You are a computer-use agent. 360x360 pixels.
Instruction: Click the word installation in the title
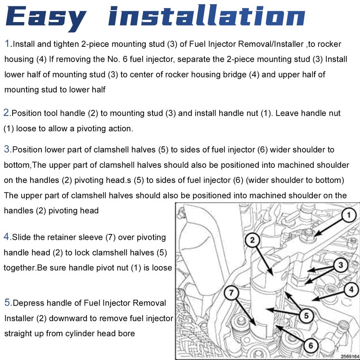pos(207,15)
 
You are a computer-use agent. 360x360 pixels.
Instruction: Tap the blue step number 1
pos(7,43)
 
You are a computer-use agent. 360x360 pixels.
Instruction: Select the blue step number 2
pos(6,112)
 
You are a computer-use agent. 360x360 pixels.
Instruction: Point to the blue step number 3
pos(7,149)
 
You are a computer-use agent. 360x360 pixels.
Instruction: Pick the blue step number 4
pos(6,237)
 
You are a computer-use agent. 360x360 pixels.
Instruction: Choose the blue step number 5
pos(7,302)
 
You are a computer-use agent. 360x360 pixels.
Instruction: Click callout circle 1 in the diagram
pos(349,215)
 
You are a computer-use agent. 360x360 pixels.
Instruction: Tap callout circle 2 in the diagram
pos(252,240)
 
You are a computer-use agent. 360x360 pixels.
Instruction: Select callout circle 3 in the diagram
pos(341,265)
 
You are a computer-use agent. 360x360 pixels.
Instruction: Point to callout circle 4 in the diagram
pos(351,289)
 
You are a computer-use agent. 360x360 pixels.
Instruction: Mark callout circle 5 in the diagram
pos(306,315)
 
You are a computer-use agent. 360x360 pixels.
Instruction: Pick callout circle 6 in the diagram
pos(310,345)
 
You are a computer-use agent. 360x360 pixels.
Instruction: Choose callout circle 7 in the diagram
pos(231,292)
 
